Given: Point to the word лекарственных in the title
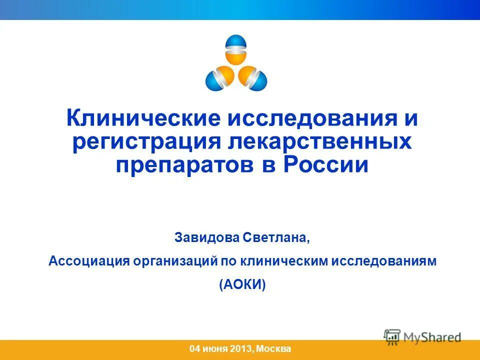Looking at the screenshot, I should (320, 142).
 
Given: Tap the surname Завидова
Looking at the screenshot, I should (207, 237).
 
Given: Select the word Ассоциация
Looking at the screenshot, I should (87, 261).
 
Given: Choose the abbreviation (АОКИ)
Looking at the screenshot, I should (242, 284).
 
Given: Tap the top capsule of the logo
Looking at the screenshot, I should (236, 49).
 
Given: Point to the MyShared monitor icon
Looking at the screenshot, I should (392, 336).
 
